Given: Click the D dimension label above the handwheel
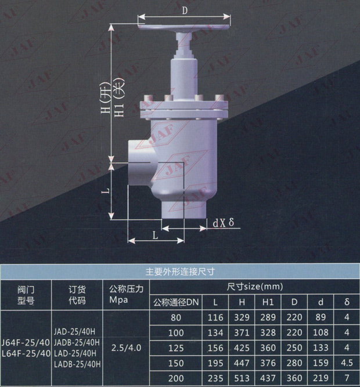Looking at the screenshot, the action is click(x=185, y=10).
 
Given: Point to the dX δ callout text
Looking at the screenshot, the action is click(x=223, y=222).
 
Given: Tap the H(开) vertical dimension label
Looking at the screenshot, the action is click(x=106, y=98).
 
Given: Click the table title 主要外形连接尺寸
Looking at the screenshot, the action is click(x=180, y=272).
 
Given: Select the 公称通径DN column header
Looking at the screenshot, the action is click(x=176, y=302).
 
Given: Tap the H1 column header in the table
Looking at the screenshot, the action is click(x=268, y=302).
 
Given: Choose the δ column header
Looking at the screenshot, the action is click(x=347, y=302).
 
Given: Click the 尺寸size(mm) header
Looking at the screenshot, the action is click(x=255, y=287).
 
